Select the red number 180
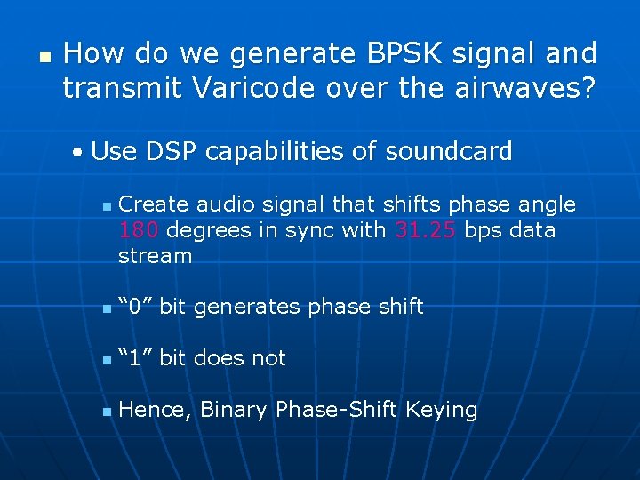pos(139,230)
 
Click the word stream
pos(155,256)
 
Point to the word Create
pos(154,204)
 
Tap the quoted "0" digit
pos(136,308)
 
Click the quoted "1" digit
pos(136,359)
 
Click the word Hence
pos(154,410)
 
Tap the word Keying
pos(441,410)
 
